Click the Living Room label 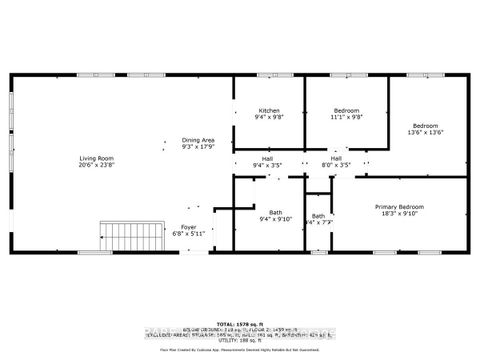(97, 158)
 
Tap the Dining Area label (198, 139)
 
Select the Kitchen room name (269, 110)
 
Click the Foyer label (188, 227)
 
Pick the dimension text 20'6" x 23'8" (97, 166)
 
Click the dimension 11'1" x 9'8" (346, 117)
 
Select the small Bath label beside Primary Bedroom (318, 216)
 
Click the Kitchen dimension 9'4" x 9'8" (269, 117)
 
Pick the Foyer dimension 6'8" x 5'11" (188, 234)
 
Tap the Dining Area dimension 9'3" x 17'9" (198, 146)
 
